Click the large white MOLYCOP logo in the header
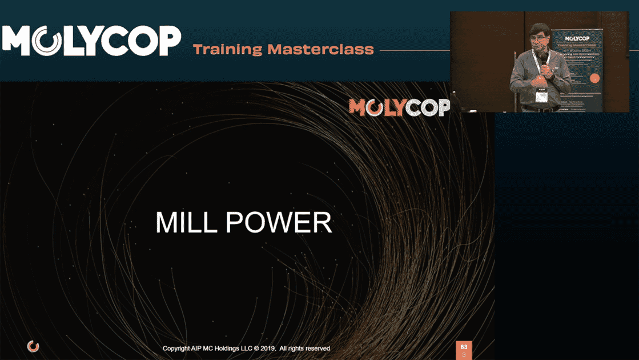[91, 40]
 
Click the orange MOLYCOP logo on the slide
[399, 107]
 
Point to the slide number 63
[464, 347]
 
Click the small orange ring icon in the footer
[33, 346]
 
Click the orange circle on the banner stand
[594, 78]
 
